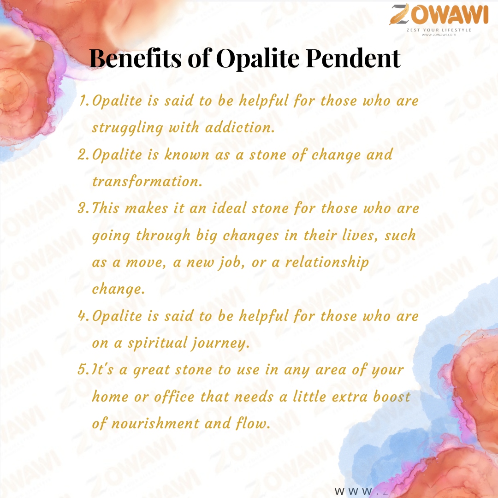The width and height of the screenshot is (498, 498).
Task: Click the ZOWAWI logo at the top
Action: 439,15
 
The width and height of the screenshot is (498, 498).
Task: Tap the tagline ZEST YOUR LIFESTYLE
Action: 439,30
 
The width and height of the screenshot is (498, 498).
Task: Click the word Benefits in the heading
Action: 135,59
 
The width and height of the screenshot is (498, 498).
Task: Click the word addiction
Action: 240,127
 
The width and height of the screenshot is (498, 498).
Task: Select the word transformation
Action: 147,182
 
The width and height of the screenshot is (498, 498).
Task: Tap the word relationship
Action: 327,263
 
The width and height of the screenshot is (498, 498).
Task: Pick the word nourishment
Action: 155,424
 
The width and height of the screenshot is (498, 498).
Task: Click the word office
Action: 174,397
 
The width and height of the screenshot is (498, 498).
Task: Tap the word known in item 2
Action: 187,154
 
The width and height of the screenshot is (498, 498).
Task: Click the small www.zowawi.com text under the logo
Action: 439,35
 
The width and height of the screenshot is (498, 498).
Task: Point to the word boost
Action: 391,397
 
